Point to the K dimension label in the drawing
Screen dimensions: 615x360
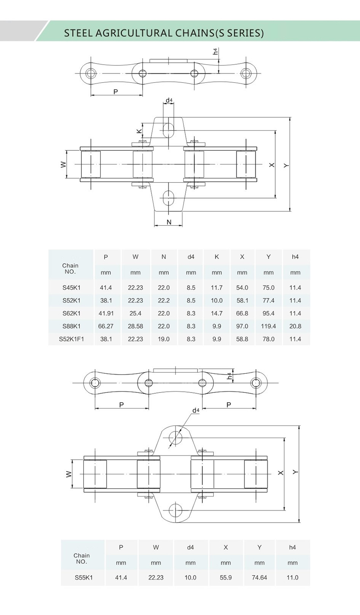tap(139, 131)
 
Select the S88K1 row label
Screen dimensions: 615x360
tap(71, 326)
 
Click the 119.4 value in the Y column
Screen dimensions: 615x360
tap(268, 326)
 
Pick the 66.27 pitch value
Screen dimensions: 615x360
tap(106, 326)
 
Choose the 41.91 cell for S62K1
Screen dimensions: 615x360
tap(106, 313)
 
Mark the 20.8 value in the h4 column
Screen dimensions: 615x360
tap(295, 326)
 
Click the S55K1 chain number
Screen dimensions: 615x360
tap(83, 578)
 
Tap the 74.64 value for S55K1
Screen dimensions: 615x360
tap(259, 578)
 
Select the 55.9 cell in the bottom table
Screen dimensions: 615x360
tap(226, 578)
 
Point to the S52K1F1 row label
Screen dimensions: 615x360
tap(71, 339)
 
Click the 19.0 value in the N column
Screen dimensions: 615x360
tap(164, 339)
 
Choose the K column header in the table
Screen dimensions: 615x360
tap(217, 257)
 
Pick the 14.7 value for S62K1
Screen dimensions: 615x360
tap(217, 313)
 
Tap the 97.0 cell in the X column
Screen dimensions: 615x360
tap(242, 326)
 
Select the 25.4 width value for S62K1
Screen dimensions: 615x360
tap(135, 313)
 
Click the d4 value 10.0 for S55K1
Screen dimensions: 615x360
tap(190, 578)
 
